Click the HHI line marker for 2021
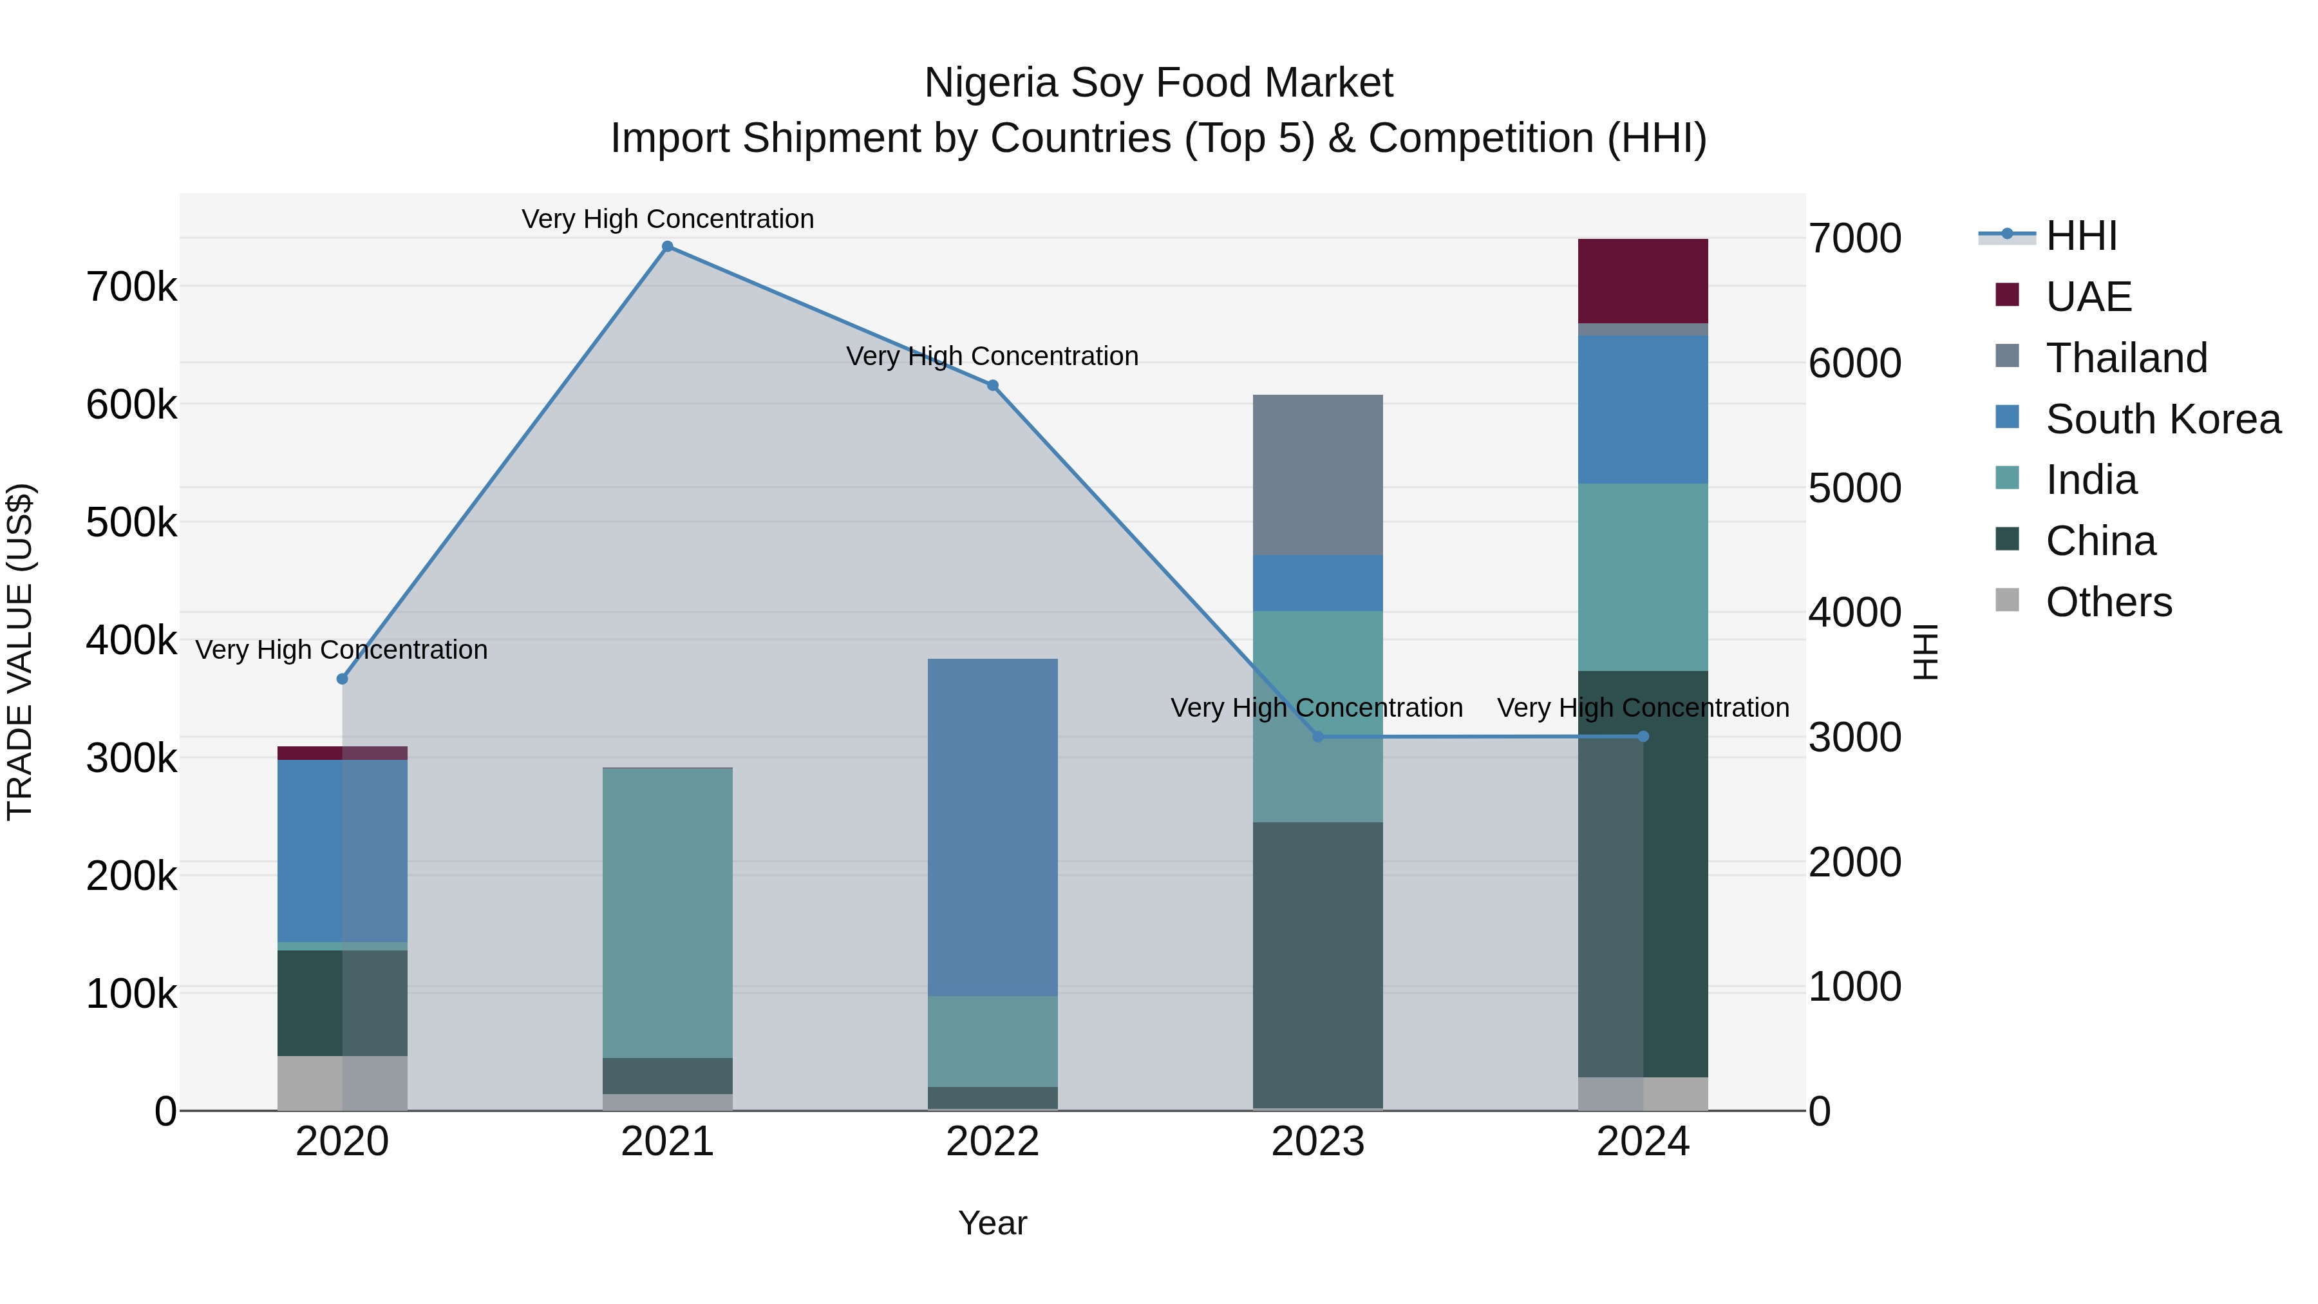coord(668,247)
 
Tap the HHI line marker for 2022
coord(992,385)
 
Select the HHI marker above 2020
coord(342,679)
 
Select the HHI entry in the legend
coord(2080,236)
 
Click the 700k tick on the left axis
coord(131,288)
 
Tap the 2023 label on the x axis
coord(1317,1142)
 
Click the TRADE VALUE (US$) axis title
coord(20,652)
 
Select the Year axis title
coord(992,1223)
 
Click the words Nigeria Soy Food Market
coord(1158,83)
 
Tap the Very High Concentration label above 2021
coord(668,219)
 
